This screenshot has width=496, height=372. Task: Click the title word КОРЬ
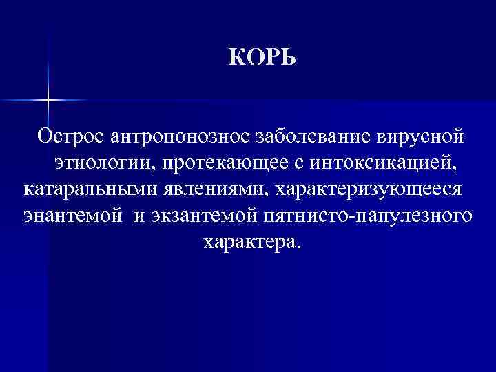[x=262, y=58]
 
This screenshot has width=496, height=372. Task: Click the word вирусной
[x=421, y=136]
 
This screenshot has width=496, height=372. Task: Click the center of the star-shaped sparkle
[x=48, y=101]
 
